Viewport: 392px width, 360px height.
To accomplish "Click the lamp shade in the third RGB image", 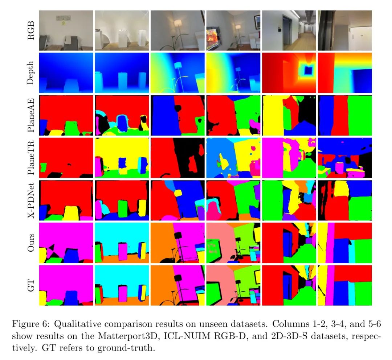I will click(x=178, y=23).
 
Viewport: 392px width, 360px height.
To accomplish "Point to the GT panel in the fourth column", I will click(x=233, y=285).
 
